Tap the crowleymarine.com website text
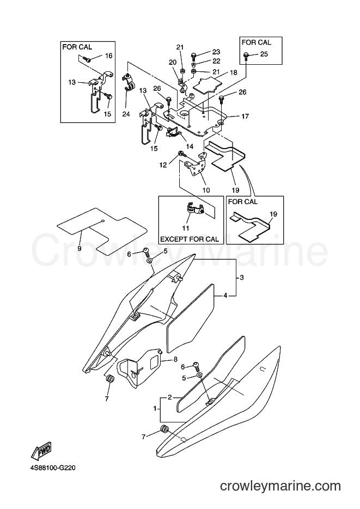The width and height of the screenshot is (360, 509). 280,486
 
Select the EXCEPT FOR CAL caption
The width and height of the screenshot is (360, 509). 190,240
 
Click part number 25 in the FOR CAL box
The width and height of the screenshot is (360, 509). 264,54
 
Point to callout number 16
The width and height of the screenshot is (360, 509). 108,56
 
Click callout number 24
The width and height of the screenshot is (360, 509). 126,114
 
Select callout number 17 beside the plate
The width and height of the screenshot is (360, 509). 245,116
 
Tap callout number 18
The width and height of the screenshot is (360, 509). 234,72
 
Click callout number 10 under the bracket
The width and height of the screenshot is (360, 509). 206,190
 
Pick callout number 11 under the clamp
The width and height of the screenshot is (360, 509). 186,228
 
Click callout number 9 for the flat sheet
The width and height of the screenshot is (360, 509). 80,248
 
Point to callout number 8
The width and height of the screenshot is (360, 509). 175,359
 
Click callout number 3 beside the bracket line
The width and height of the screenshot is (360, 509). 241,278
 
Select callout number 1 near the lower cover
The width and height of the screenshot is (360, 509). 155,408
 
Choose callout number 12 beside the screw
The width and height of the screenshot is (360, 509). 163,165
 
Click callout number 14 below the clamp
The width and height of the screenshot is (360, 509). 190,146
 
